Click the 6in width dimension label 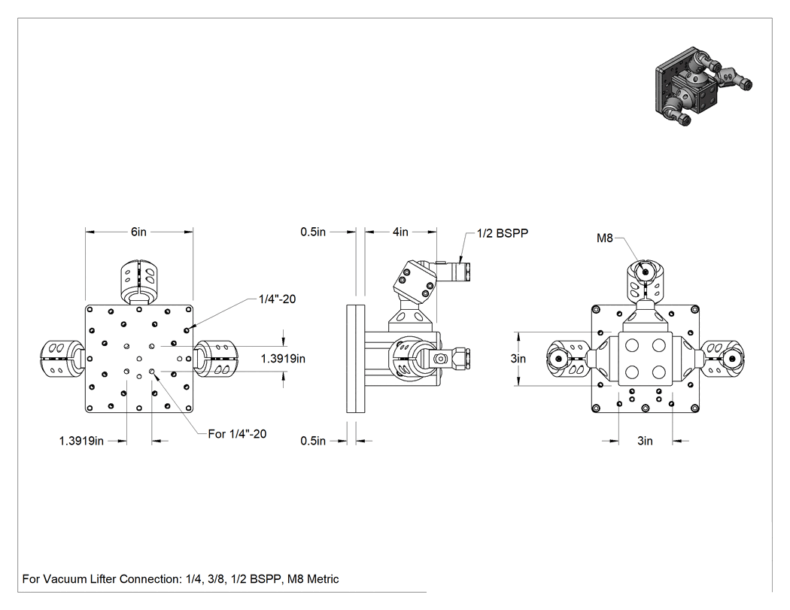click(138, 232)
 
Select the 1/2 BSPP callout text click(503, 233)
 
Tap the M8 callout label click(605, 238)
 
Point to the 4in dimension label click(400, 232)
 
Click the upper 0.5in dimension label click(313, 232)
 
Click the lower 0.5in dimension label click(313, 441)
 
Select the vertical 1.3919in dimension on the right click(283, 359)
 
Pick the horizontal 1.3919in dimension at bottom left click(81, 441)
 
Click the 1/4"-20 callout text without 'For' click(277, 299)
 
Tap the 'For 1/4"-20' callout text click(237, 434)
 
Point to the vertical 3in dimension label click(518, 359)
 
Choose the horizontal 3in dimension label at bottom click(645, 441)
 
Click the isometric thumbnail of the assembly click(703, 86)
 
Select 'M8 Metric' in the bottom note click(313, 578)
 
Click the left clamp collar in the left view click(61, 359)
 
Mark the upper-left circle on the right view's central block click(632, 345)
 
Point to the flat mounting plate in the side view click(356, 359)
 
